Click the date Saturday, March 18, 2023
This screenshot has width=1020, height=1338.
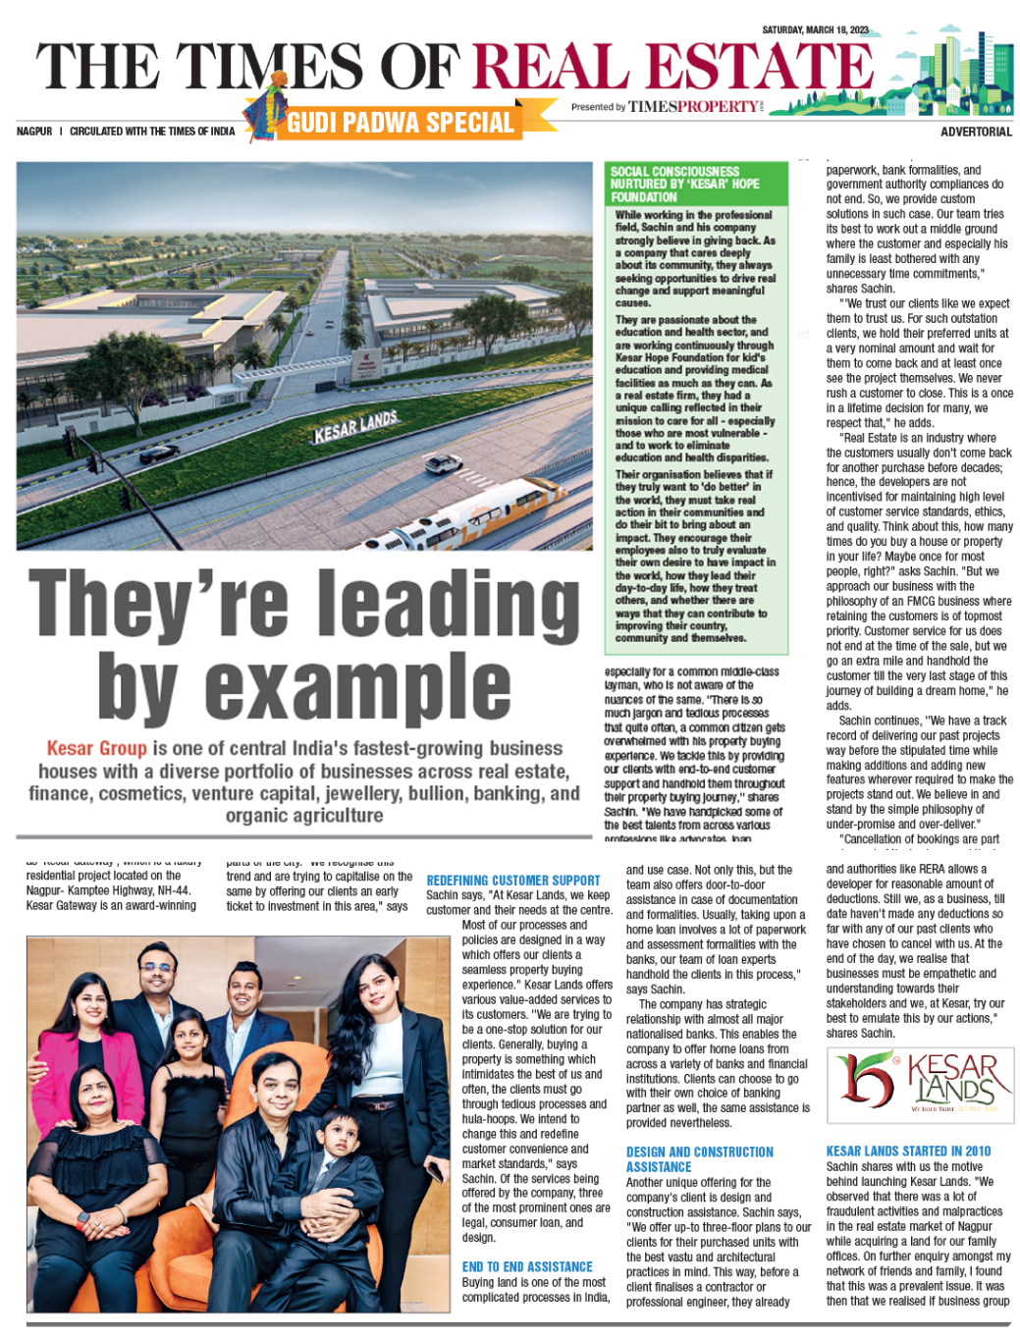815,29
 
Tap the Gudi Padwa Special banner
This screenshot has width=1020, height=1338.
401,123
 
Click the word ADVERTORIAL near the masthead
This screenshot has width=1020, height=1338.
975,132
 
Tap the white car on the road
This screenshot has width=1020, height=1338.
444,463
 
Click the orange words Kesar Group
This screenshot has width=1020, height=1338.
96,748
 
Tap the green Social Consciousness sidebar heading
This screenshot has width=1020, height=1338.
695,184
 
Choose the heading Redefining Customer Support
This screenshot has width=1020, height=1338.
512,881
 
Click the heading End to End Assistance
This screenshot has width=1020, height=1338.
527,1266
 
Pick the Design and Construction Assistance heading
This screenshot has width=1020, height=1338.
699,1159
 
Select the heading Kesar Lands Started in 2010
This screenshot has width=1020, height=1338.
908,1151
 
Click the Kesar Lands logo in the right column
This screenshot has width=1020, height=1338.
919,1083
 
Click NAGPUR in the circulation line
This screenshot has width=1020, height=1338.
34,132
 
